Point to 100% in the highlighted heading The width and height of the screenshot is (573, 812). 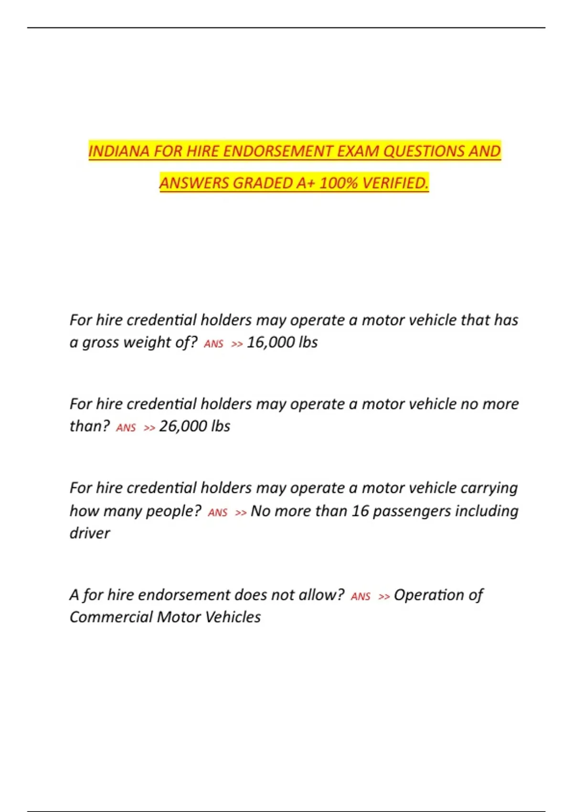[x=338, y=183]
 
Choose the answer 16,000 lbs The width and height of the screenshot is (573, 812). [x=282, y=342]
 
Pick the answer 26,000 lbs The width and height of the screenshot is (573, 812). [x=195, y=426]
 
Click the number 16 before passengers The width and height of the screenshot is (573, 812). [x=361, y=511]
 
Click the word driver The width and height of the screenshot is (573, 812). [x=90, y=533]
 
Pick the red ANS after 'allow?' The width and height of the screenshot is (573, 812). [x=361, y=597]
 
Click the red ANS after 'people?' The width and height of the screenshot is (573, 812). [x=218, y=513]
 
